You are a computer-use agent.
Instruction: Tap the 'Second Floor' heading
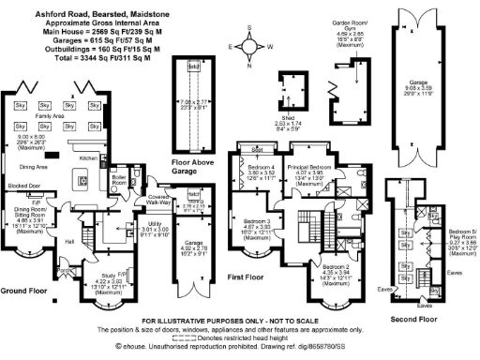click(x=414, y=319)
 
